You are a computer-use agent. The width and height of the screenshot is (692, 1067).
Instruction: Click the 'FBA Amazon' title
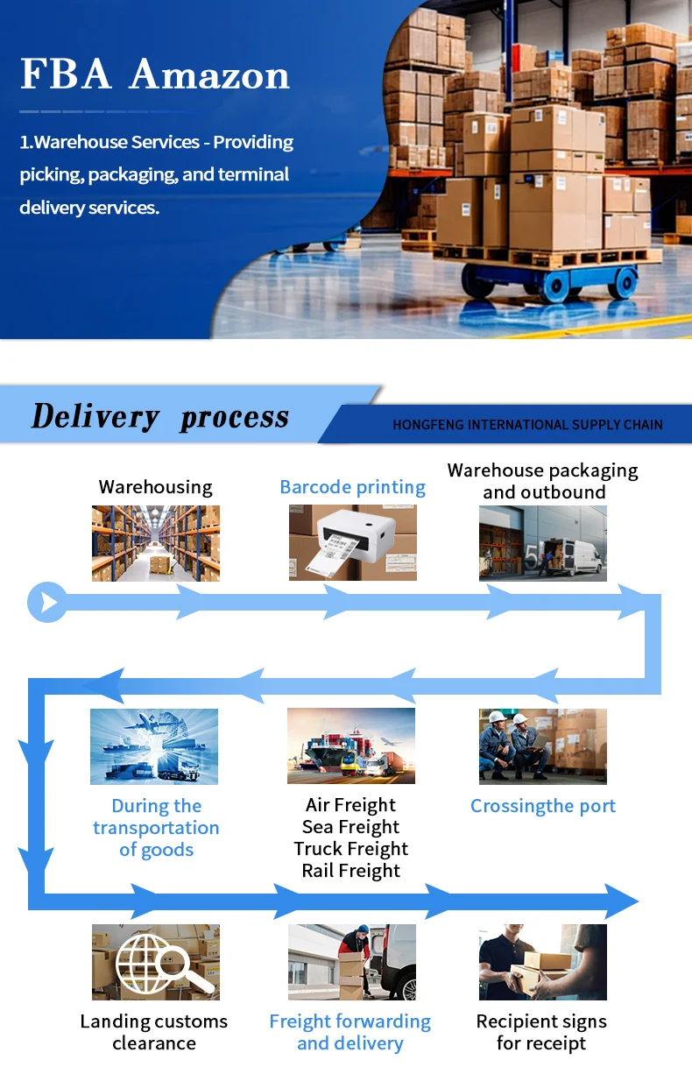(154, 74)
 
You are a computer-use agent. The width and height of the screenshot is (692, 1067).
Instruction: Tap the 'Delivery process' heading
(159, 417)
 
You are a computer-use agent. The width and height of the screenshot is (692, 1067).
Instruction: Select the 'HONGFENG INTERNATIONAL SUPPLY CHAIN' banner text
(527, 425)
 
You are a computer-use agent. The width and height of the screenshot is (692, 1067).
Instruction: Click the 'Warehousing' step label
(155, 487)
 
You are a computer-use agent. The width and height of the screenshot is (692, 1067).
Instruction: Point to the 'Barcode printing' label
(352, 487)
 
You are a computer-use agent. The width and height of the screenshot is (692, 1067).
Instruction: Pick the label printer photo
(352, 542)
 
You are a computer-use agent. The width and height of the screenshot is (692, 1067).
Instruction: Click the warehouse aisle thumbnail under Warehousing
(155, 543)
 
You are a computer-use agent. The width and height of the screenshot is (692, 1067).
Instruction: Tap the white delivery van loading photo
(542, 543)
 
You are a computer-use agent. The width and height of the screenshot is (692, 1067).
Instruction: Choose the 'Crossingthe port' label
(542, 806)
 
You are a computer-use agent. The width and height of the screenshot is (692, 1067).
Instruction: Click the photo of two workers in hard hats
(542, 746)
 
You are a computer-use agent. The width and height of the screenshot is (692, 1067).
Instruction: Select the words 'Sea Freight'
(350, 827)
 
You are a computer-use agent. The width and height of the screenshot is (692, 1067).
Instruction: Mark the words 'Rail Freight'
(350, 871)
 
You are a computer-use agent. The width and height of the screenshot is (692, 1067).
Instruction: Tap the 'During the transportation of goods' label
(156, 828)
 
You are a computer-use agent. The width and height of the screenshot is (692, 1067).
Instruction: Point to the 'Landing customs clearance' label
(154, 1032)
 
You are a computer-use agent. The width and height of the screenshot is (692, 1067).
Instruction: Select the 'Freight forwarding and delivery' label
(350, 1032)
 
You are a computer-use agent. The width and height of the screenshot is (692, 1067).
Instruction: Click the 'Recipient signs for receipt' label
(541, 1032)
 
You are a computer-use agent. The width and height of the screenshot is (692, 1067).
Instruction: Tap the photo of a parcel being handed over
(542, 962)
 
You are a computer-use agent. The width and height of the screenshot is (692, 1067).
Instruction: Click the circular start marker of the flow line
(47, 602)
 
